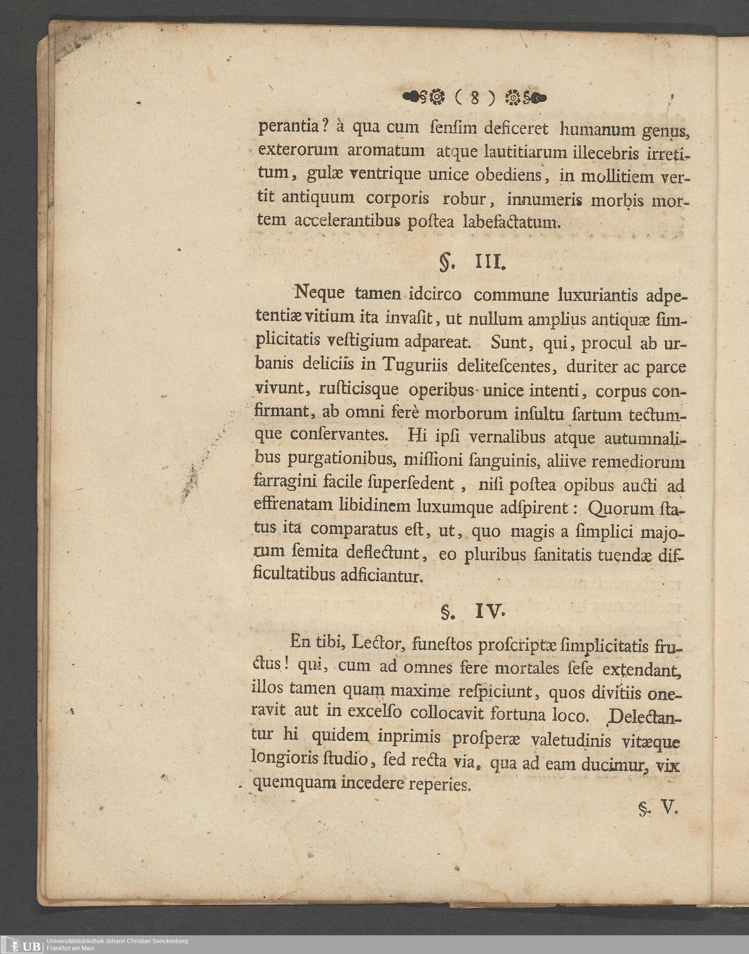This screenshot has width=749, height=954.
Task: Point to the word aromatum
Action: click(386, 151)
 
